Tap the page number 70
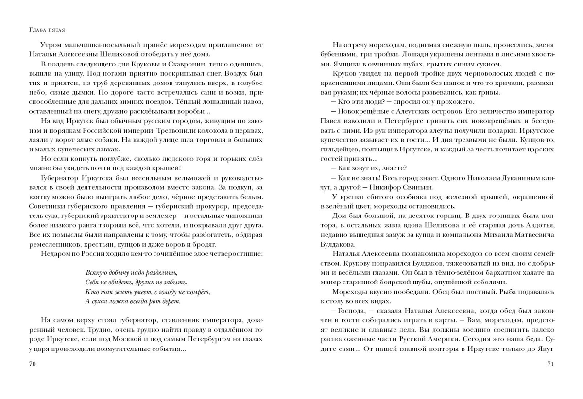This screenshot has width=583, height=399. pos(34,363)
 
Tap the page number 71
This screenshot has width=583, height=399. pos(550,363)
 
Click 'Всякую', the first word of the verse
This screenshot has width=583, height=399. pos(96,272)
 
